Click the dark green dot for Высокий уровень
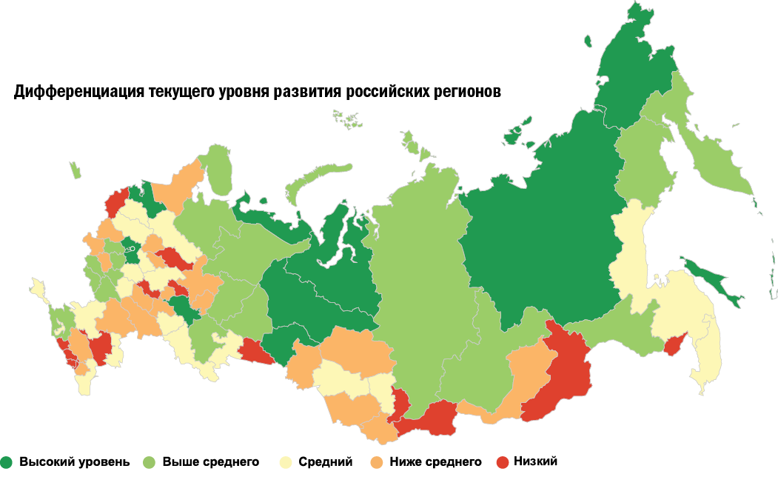tap(7, 462)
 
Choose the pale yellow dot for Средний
tap(284, 462)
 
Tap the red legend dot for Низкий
tap(503, 462)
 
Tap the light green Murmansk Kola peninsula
tap(216, 167)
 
